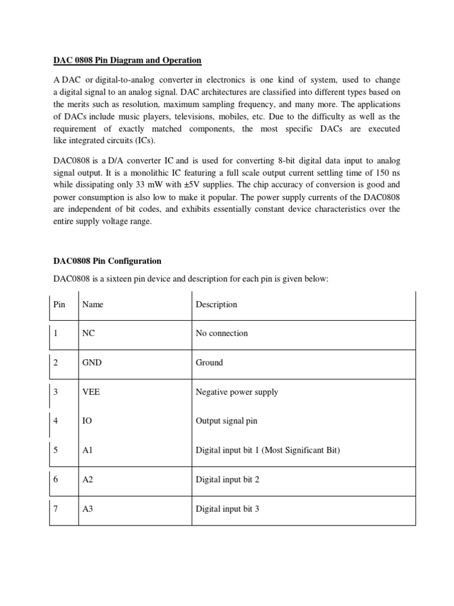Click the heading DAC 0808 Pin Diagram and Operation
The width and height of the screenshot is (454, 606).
pos(127,61)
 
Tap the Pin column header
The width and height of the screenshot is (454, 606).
pos(59,304)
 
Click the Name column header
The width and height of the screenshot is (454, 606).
pos(93,304)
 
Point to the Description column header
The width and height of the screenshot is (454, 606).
pos(216,304)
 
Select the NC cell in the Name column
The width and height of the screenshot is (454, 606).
pos(89,333)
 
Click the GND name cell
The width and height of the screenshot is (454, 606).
pos(92,363)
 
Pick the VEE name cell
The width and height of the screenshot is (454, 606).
pos(91,392)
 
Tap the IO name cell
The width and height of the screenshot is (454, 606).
pos(87,421)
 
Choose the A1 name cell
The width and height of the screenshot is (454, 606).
pos(88,450)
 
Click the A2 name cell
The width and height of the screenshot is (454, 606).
pos(88,480)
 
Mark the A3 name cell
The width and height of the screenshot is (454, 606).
pos(88,509)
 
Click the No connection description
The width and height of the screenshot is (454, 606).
pos(222,333)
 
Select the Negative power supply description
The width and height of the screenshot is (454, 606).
pos(236,392)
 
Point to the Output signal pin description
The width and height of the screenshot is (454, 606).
pos(226,421)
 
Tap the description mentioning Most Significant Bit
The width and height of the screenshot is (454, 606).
pos(268,450)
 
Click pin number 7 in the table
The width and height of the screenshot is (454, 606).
pos(56,509)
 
